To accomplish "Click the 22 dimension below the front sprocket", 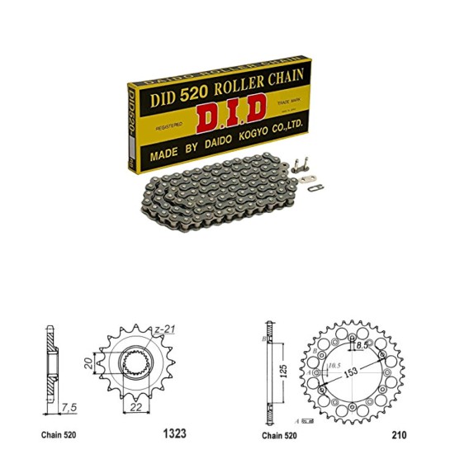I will pyautogui.click(x=134, y=405).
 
